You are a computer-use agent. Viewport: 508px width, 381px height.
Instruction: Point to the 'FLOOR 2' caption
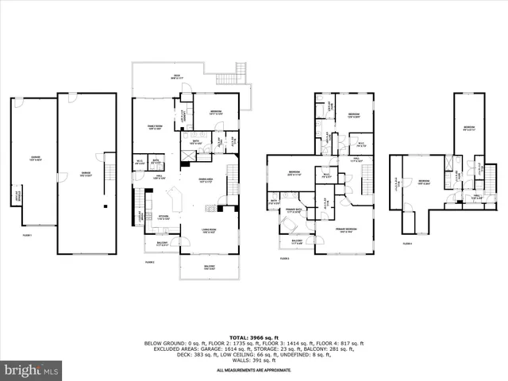(x=149, y=261)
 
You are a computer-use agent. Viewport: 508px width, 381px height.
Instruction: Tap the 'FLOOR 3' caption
(x=283, y=258)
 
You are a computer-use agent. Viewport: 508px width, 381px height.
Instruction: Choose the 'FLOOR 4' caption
(x=407, y=244)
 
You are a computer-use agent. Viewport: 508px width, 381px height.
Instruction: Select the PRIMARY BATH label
(x=294, y=210)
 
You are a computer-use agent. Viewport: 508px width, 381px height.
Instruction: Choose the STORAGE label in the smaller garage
(x=19, y=193)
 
